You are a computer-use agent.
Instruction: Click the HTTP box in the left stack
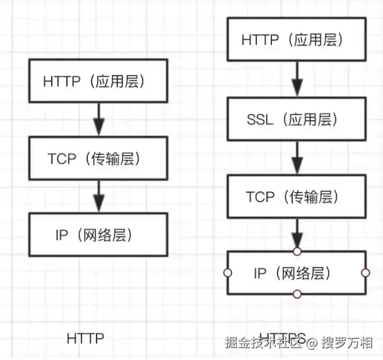click(97, 81)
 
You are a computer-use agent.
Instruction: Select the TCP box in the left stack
click(97, 158)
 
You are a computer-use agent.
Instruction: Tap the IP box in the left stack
click(97, 234)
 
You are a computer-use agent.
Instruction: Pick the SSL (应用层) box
click(296, 119)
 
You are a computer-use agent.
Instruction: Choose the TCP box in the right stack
click(296, 196)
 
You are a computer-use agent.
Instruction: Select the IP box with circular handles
click(296, 273)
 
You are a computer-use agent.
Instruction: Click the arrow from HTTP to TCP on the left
click(97, 119)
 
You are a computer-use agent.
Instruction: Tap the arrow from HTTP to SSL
click(296, 80)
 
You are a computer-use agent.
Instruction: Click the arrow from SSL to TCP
click(296, 157)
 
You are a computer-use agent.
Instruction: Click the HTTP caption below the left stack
click(85, 339)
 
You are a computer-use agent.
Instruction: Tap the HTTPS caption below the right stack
click(282, 338)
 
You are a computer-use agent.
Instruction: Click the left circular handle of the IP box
click(228, 273)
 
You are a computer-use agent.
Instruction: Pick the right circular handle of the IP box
click(365, 273)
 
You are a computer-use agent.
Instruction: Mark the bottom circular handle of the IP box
click(297, 294)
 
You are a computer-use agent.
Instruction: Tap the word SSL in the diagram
click(260, 119)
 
